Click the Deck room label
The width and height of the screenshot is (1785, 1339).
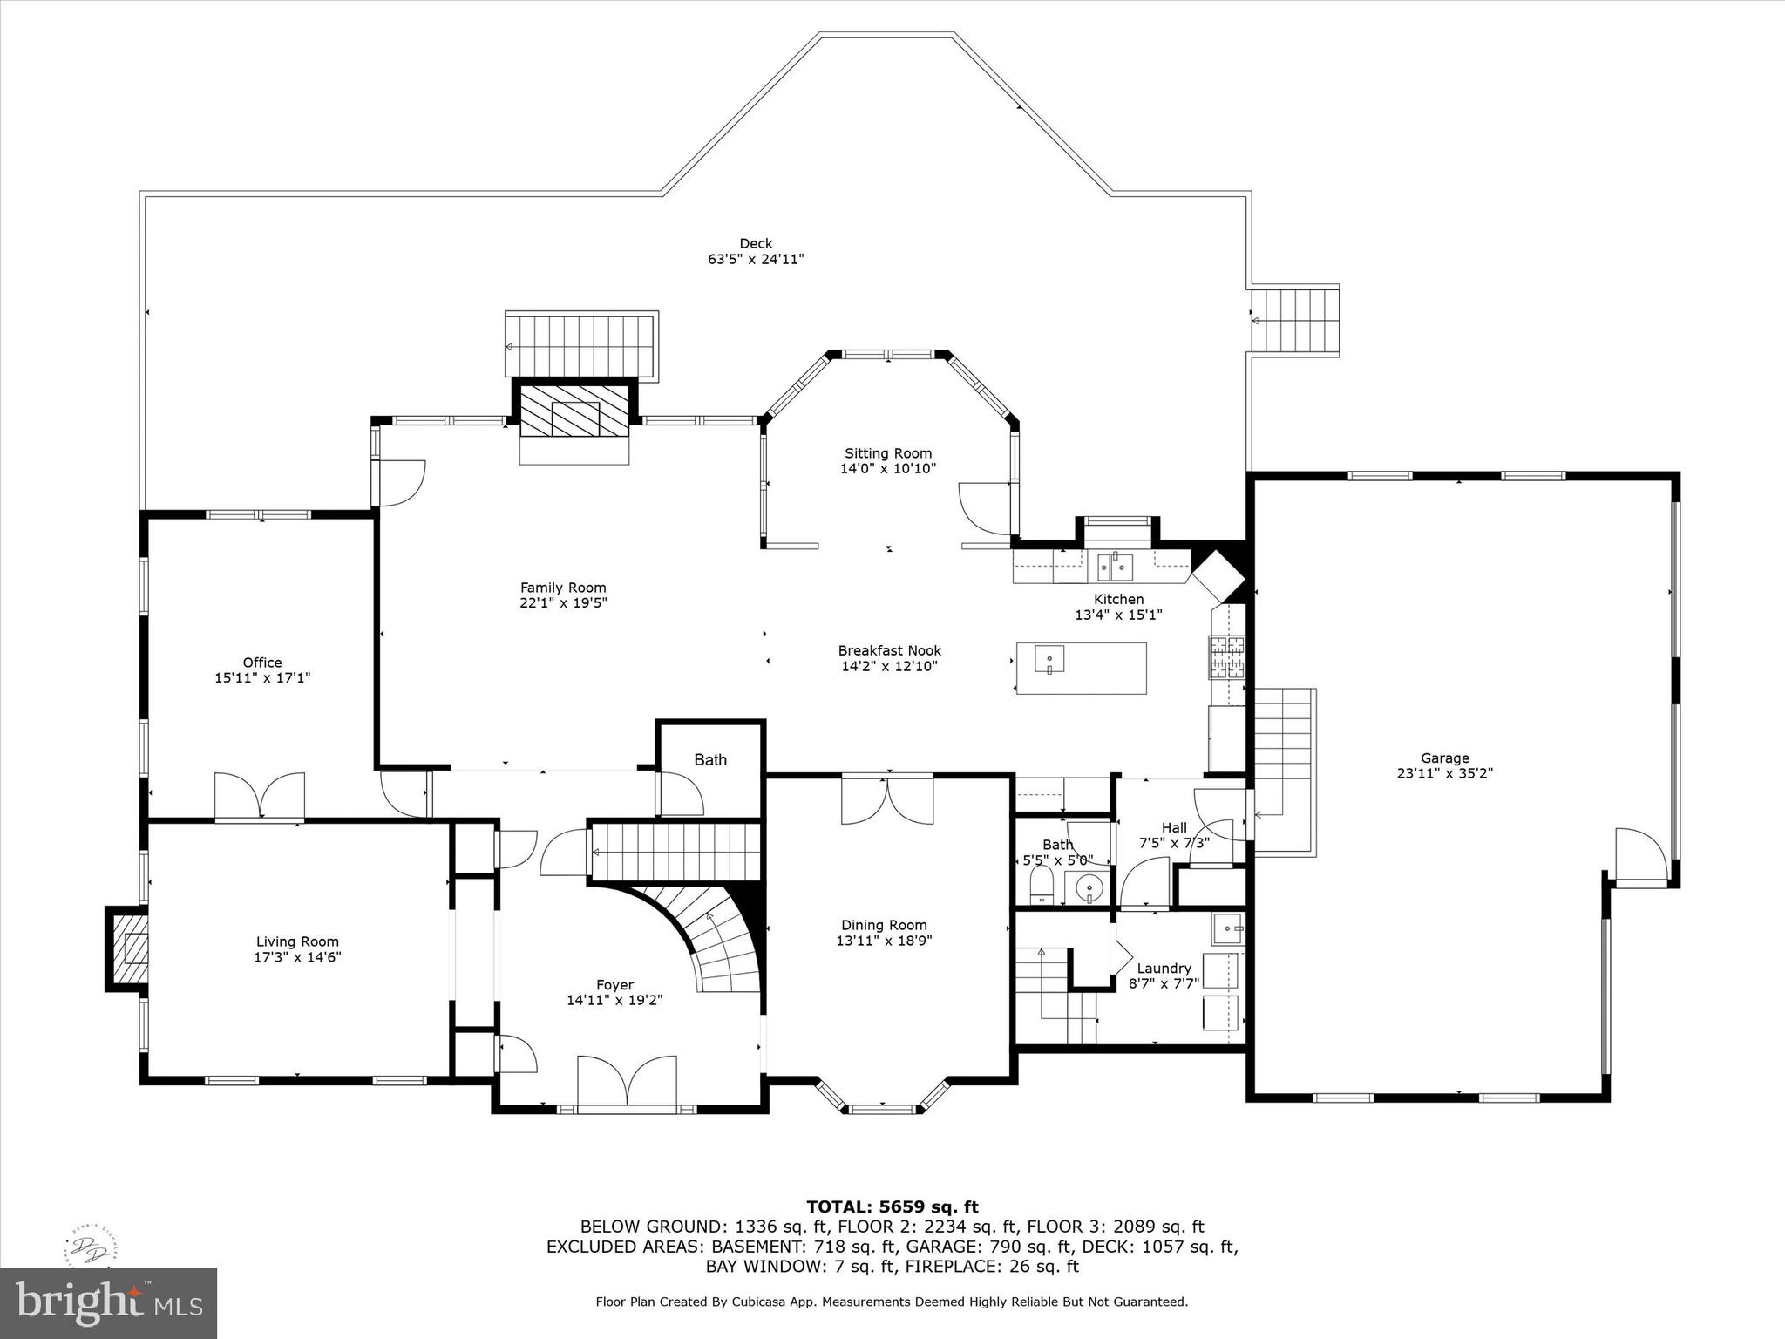(x=756, y=244)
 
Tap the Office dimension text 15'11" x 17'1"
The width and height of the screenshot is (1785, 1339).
(x=262, y=677)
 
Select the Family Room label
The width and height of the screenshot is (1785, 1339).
(x=563, y=588)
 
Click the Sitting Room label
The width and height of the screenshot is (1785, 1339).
(x=887, y=453)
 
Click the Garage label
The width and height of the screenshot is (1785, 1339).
(x=1444, y=758)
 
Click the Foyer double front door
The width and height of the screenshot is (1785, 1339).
(x=628, y=1082)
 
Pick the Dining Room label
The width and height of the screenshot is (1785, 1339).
(x=884, y=925)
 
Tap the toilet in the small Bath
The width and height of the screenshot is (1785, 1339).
(x=1042, y=887)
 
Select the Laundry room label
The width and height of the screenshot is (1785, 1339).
(x=1164, y=969)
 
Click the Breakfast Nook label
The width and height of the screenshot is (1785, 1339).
(x=889, y=650)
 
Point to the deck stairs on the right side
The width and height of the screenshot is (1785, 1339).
(x=1295, y=319)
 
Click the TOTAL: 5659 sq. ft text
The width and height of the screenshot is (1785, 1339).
(x=892, y=1207)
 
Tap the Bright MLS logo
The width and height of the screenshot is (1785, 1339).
(x=108, y=1303)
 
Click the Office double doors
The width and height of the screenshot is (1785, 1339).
(x=260, y=795)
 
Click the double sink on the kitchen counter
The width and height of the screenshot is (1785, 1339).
(x=1115, y=568)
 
